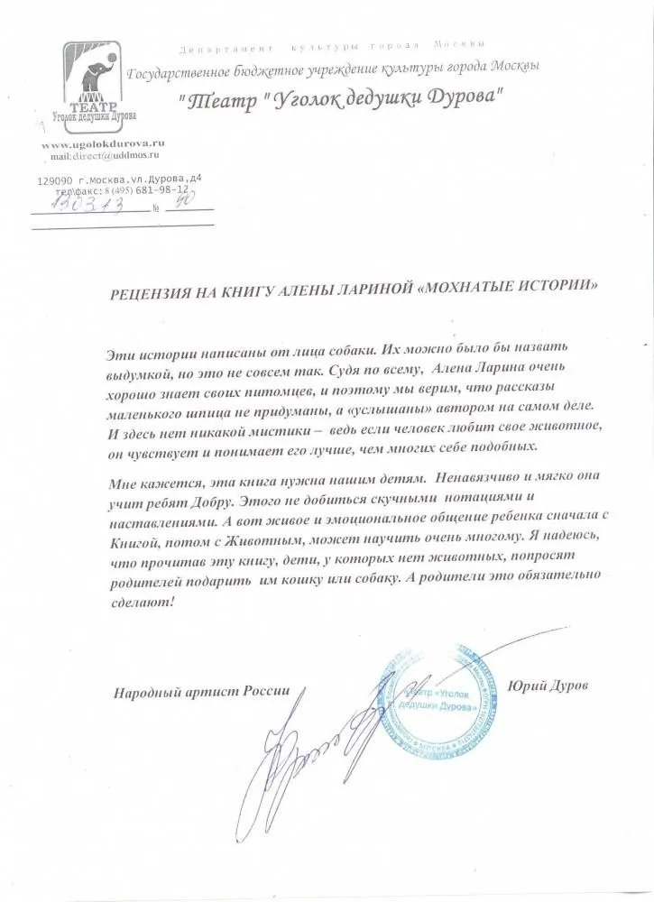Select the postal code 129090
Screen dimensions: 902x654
[55, 179]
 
